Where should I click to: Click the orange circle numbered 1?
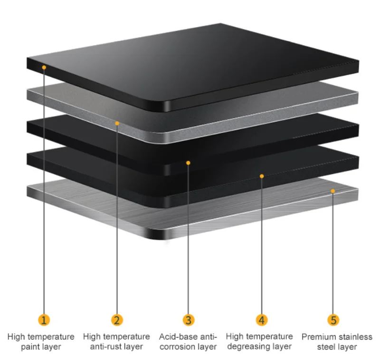click(43, 320)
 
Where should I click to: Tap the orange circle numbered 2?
click(117, 320)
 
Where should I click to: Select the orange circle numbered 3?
click(188, 320)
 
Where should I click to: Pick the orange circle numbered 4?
click(261, 320)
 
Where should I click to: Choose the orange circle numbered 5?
click(333, 320)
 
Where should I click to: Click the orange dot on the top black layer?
click(44, 68)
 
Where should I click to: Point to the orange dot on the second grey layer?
click(117, 123)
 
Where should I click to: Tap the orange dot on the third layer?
click(188, 163)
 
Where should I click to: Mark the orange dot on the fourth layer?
click(261, 176)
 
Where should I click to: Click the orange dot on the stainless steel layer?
click(333, 191)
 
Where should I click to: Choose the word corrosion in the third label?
click(178, 347)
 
